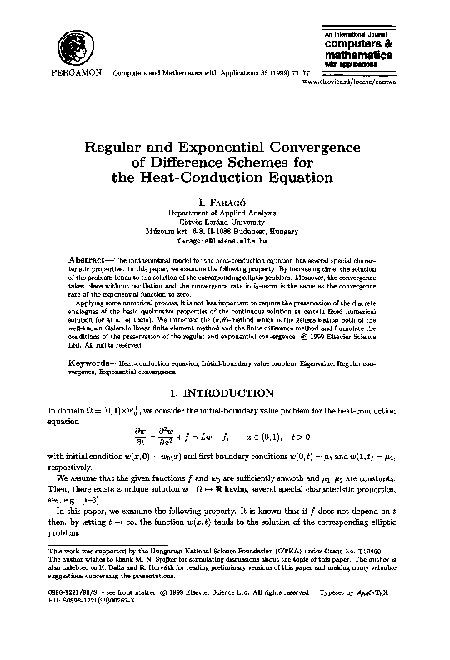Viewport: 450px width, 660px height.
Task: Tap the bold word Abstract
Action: click(87, 259)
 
